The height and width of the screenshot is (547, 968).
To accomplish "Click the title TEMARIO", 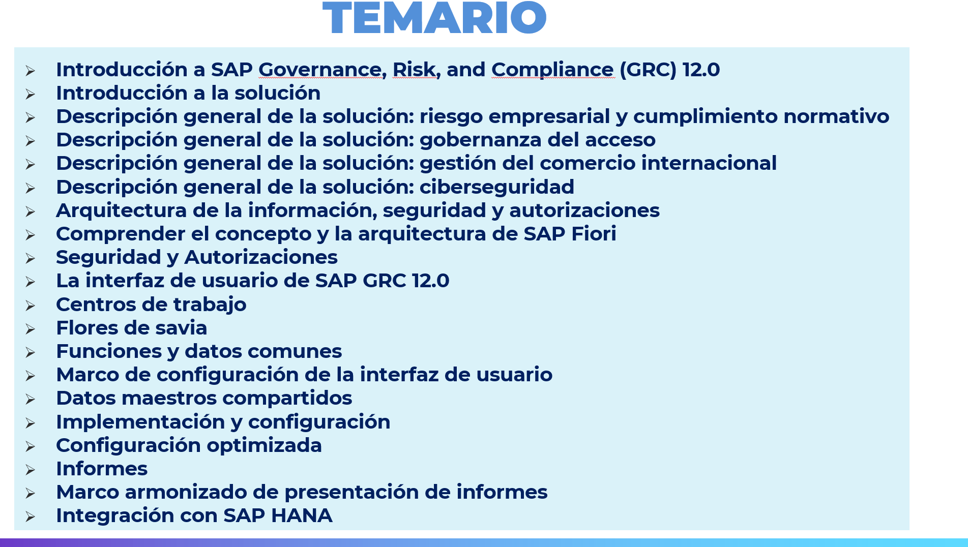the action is pyautogui.click(x=434, y=18).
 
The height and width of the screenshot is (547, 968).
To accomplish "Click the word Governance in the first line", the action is pyautogui.click(x=320, y=70).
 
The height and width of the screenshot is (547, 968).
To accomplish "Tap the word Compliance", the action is pyautogui.click(x=552, y=70).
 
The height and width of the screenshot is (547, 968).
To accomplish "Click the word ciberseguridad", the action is pyautogui.click(x=497, y=187).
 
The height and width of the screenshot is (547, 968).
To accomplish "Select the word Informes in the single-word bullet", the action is pyautogui.click(x=102, y=469).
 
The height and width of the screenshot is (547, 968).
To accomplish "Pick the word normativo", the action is pyautogui.click(x=836, y=116).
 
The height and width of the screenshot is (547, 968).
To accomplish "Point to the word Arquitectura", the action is pyautogui.click(x=122, y=211).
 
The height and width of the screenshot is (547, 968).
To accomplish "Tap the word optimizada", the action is pyautogui.click(x=264, y=446).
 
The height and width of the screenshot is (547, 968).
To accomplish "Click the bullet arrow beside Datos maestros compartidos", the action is pyautogui.click(x=31, y=399).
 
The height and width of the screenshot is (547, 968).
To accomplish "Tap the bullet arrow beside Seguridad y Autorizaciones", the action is pyautogui.click(x=31, y=258).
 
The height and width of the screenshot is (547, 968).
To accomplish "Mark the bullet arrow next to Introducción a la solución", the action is pyautogui.click(x=31, y=94).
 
